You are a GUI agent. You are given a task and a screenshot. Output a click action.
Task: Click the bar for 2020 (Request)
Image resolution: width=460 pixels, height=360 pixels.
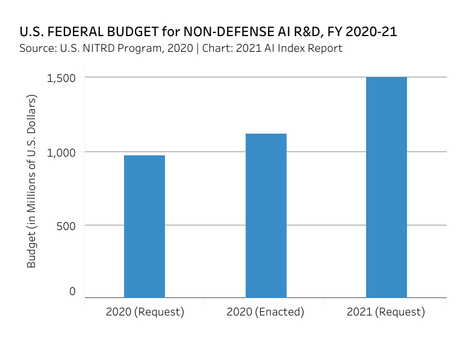(145, 226)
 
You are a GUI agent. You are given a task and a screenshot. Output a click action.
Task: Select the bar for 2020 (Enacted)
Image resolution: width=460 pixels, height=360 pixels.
(266, 216)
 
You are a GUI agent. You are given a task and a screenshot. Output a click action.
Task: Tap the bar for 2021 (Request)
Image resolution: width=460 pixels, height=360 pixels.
(386, 187)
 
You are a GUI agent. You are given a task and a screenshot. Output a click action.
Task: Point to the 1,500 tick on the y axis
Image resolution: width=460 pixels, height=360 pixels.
(62, 78)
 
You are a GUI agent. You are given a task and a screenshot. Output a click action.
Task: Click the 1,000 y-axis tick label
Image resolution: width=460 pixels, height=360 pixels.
(62, 152)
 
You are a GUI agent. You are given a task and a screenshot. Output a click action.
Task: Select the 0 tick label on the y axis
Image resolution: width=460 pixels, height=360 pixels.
(72, 291)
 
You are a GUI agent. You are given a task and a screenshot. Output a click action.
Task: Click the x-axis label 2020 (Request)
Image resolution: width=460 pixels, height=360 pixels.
(145, 312)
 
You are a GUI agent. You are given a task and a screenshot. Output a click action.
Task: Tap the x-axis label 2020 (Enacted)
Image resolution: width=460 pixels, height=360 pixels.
(266, 312)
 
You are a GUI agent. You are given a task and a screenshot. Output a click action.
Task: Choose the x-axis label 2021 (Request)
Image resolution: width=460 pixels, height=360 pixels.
(386, 312)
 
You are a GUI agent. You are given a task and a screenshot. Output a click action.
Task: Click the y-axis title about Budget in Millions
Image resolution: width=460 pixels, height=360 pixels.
(32, 181)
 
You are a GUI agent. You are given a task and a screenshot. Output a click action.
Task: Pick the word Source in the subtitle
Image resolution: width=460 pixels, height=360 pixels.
(36, 48)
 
